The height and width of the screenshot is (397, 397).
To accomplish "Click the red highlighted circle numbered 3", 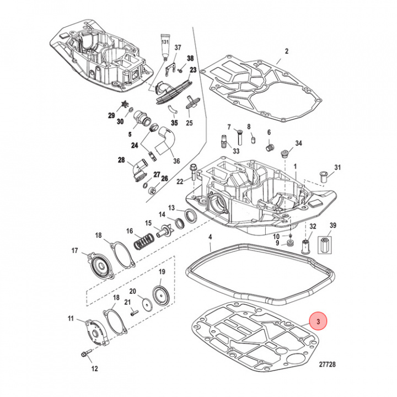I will tap(318, 320).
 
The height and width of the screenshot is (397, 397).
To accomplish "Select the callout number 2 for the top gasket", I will tap(286, 52).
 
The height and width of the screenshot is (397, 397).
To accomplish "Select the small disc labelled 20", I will tap(145, 303).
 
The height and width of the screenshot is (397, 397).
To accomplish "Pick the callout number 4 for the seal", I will tap(210, 239).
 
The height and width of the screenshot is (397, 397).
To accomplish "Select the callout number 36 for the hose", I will tap(176, 161).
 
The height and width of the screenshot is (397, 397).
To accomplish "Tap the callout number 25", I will tap(189, 122).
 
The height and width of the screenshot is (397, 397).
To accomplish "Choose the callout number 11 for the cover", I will tap(71, 319).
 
